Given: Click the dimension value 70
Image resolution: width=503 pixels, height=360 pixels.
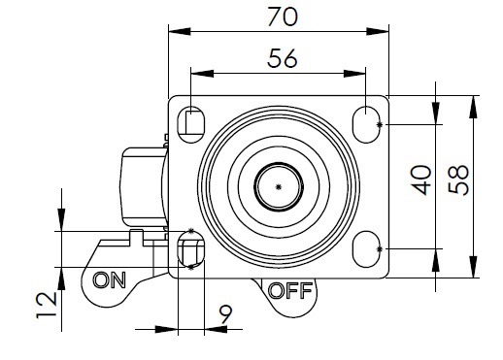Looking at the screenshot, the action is [283, 16].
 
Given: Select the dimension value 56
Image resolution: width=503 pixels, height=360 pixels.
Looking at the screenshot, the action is [282, 58].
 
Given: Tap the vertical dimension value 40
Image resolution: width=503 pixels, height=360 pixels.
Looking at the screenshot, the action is [421, 180].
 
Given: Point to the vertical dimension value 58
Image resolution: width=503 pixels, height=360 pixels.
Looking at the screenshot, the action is [458, 180].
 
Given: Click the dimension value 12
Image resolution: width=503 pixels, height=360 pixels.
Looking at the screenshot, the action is [47, 305].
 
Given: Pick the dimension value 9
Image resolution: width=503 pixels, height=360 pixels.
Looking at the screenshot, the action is [225, 314].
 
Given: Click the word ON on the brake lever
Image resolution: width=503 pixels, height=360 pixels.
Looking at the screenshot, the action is [109, 279].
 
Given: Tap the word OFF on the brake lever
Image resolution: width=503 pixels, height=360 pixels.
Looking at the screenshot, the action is [290, 290].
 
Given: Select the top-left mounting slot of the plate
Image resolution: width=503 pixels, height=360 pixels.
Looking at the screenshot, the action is [191, 124].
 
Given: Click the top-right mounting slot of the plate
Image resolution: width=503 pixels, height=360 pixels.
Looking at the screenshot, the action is [366, 124].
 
